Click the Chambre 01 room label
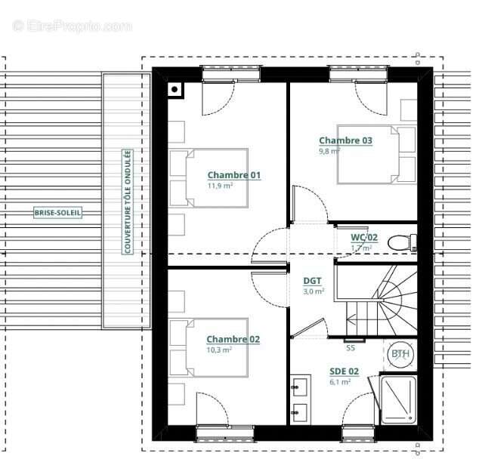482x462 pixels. point(234,175)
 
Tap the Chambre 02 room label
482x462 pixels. point(233,339)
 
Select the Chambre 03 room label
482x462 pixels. point(345,140)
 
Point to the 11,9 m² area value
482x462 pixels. point(220,186)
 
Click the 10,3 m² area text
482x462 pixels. point(219,350)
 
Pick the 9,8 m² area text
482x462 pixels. point(329,151)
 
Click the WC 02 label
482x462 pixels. point(364,237)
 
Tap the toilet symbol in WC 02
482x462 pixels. point(402,242)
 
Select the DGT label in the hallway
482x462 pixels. point(312,281)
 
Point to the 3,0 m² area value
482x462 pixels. point(314,291)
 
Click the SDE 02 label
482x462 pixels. point(344,371)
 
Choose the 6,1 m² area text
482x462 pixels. point(340,382)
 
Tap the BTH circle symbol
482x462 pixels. point(400,354)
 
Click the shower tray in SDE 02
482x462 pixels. point(398,399)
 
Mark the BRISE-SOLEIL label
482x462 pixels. point(57,213)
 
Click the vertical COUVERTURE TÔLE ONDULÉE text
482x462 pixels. point(127,202)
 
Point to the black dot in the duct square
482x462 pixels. point(175,89)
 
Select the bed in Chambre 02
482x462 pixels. point(209,348)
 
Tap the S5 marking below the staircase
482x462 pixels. point(351,348)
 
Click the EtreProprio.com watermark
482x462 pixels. point(73,26)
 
